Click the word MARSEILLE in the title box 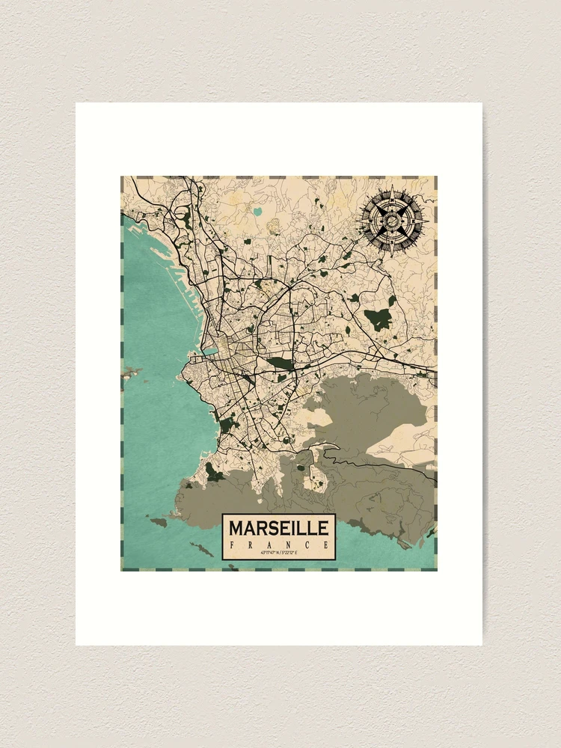point(278,528)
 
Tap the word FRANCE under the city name point(278,544)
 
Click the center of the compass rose point(392,220)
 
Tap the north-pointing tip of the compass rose point(392,188)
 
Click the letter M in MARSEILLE point(236,528)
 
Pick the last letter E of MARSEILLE point(322,528)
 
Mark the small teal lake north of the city point(258,212)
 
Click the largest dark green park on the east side point(378,319)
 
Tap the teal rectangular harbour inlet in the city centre point(210,350)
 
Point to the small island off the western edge point(131,370)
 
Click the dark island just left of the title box point(158,521)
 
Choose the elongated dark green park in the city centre point(280,364)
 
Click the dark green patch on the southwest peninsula point(214,472)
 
